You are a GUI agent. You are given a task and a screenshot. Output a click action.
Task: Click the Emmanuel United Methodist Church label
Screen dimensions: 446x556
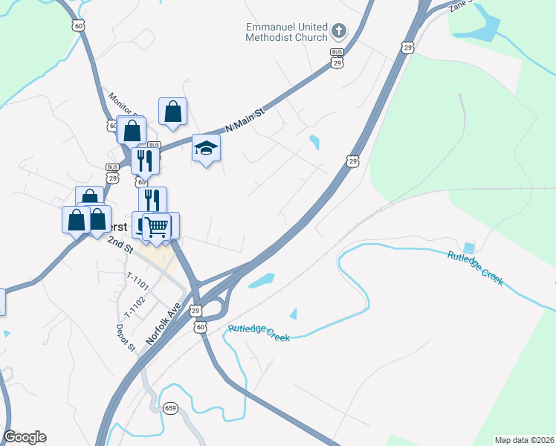[x=286, y=31]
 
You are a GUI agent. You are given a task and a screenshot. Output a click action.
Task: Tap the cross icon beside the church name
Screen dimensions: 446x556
[x=339, y=31]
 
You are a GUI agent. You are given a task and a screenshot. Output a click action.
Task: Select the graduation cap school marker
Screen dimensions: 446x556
[x=206, y=148]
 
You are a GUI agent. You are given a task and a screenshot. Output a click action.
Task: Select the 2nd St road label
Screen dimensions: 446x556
[x=119, y=243]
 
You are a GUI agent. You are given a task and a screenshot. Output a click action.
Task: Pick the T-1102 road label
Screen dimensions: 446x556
[x=135, y=303]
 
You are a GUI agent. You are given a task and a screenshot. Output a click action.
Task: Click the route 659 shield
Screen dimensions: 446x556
[x=170, y=407]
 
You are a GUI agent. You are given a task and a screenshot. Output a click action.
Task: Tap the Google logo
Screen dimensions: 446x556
[x=25, y=437]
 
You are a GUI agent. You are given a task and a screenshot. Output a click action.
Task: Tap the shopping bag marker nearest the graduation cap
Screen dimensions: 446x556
[x=172, y=112]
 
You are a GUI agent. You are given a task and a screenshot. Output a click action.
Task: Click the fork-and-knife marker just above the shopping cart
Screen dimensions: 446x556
[x=152, y=200]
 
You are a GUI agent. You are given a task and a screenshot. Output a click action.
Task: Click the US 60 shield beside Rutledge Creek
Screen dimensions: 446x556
[x=200, y=327]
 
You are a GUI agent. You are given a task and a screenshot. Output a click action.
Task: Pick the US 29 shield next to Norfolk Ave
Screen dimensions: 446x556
[x=195, y=310]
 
